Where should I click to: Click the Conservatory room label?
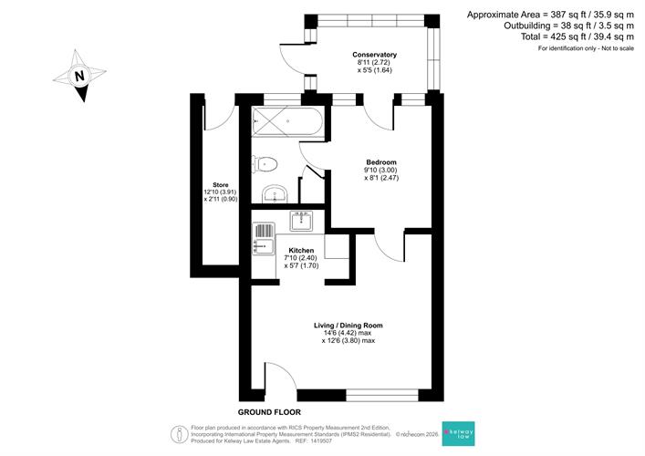[x=374, y=55]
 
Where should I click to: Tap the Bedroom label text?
[x=381, y=162]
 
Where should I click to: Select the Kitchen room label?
[x=301, y=251]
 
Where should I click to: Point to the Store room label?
[x=221, y=185]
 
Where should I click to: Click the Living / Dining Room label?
[x=348, y=326]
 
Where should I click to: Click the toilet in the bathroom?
[x=265, y=164]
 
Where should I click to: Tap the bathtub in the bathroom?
[x=287, y=121]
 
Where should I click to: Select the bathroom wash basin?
[x=276, y=194]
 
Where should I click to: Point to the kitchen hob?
[x=301, y=221]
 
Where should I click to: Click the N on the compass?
[x=79, y=76]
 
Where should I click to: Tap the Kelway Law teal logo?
[x=458, y=433]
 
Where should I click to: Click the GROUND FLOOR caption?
[x=269, y=412]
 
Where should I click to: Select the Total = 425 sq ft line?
[x=577, y=36]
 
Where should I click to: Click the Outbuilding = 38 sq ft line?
[x=569, y=26]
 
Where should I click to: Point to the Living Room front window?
[x=382, y=395]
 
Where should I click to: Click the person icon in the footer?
[x=180, y=434]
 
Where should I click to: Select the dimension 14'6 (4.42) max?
[x=348, y=333]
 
